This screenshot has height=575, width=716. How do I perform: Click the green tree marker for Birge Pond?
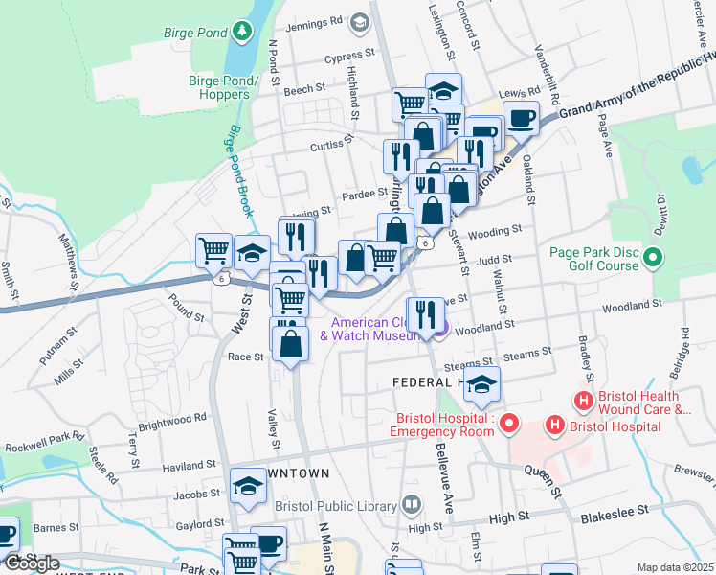242,32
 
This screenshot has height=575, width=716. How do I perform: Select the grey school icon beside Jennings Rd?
359,21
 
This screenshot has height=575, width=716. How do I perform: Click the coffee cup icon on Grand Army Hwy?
521,119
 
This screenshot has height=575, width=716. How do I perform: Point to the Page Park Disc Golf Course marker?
654,257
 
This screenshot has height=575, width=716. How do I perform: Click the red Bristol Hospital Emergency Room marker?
509,422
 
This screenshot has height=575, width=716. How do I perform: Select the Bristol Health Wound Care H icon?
581,400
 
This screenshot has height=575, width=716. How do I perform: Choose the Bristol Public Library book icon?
411,504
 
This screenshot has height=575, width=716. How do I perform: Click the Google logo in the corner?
31,563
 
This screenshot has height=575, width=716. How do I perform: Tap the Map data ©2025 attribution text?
675,567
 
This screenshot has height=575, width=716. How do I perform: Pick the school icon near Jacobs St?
248,485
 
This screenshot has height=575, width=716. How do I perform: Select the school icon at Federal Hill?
482,383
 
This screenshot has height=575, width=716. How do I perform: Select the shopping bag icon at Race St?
291,342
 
